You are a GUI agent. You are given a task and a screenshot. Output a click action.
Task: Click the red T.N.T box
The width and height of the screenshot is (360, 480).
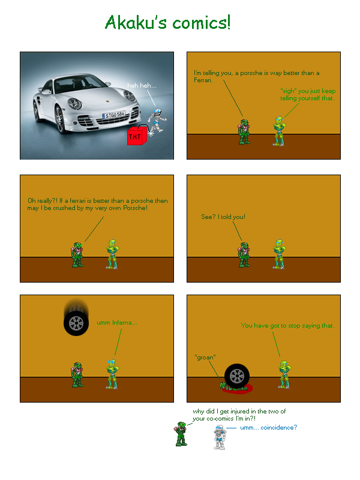click(x=137, y=135)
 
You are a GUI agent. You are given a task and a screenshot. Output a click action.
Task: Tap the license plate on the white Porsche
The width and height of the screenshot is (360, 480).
click(x=114, y=115)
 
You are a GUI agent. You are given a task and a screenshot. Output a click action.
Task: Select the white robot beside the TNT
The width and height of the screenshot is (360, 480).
click(x=157, y=119)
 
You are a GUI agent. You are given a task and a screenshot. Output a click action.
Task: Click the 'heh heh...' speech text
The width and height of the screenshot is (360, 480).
click(x=142, y=85)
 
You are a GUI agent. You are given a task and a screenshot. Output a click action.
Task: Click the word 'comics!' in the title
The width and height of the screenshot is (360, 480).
click(x=202, y=23)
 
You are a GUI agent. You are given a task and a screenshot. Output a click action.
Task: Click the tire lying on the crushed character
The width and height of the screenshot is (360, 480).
click(x=237, y=376)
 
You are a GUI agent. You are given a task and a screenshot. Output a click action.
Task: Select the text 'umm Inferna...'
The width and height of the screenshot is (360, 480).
click(x=117, y=322)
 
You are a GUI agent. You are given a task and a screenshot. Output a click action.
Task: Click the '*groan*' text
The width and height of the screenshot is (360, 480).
click(x=205, y=357)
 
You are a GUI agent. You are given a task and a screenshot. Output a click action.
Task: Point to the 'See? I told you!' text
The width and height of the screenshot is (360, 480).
click(x=223, y=217)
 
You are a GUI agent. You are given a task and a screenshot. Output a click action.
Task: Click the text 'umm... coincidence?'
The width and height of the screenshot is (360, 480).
click(x=268, y=427)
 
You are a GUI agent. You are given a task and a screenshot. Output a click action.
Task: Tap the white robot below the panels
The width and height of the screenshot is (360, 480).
click(x=220, y=437)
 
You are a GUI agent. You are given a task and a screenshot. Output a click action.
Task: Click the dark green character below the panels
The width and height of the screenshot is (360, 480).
click(x=181, y=434)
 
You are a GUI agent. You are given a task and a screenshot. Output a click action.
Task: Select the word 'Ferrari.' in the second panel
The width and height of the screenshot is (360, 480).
click(x=203, y=80)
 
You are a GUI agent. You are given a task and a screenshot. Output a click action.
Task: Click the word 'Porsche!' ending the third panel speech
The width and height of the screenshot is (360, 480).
click(x=136, y=208)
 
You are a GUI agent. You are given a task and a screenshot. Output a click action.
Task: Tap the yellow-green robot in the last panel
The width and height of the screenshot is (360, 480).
click(x=284, y=374)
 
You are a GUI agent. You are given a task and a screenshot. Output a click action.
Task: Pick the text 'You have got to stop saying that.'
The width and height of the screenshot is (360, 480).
click(x=287, y=325)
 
